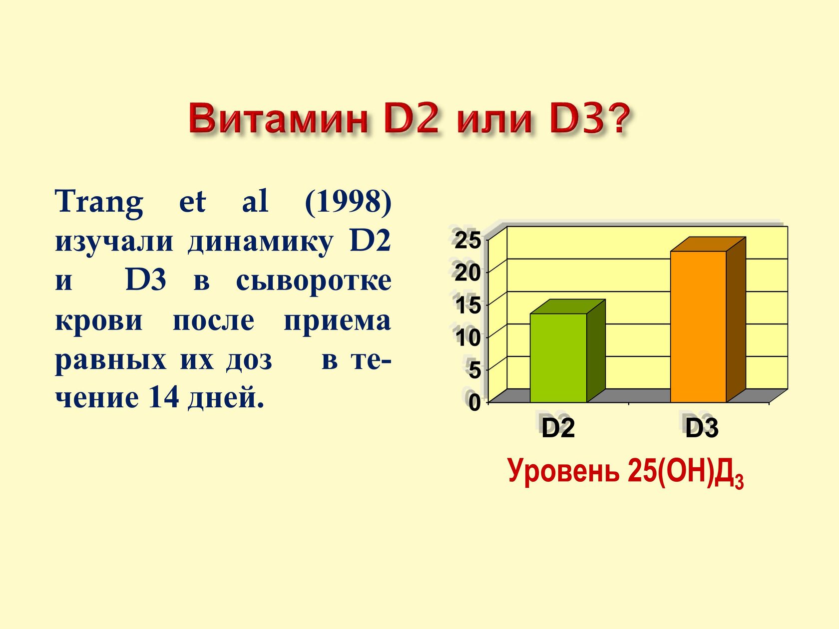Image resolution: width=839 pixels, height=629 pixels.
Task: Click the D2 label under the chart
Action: click(558, 428)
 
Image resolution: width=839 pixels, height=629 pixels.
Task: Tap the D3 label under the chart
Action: click(702, 428)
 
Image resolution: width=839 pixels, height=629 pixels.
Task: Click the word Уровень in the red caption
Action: click(564, 472)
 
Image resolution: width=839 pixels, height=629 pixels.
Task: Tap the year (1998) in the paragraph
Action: click(348, 202)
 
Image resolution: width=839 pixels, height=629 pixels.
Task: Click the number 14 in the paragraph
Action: click(164, 397)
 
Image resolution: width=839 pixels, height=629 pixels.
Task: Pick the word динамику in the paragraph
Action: click(261, 243)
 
